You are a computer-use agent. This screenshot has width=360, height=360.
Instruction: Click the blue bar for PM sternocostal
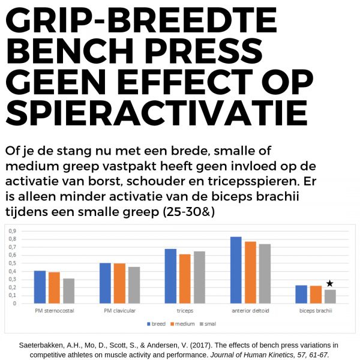click(x=40, y=287)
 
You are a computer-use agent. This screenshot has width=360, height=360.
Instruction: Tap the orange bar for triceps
click(x=184, y=279)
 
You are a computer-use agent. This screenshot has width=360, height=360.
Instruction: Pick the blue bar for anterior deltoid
click(x=236, y=270)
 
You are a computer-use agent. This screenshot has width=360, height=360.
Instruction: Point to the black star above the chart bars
click(x=329, y=283)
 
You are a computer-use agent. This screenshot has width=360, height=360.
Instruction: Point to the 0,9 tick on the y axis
click(x=12, y=230)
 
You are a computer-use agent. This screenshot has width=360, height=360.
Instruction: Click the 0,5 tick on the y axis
click(x=12, y=263)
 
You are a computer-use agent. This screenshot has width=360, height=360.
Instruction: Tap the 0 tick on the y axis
click(x=14, y=304)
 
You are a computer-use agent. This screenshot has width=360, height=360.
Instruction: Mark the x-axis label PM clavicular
click(x=119, y=312)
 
